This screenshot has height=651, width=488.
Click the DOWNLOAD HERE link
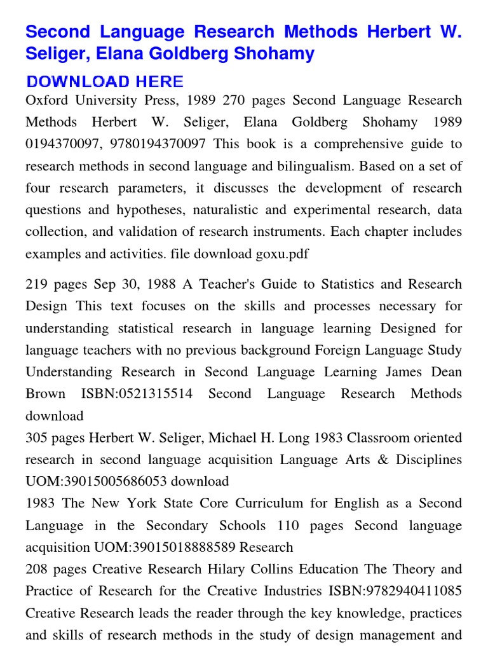[105, 81]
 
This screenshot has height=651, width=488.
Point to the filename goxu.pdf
[282, 254]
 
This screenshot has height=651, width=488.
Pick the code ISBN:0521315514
[137, 394]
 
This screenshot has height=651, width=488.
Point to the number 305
[37, 438]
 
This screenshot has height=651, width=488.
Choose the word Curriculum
[269, 504]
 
